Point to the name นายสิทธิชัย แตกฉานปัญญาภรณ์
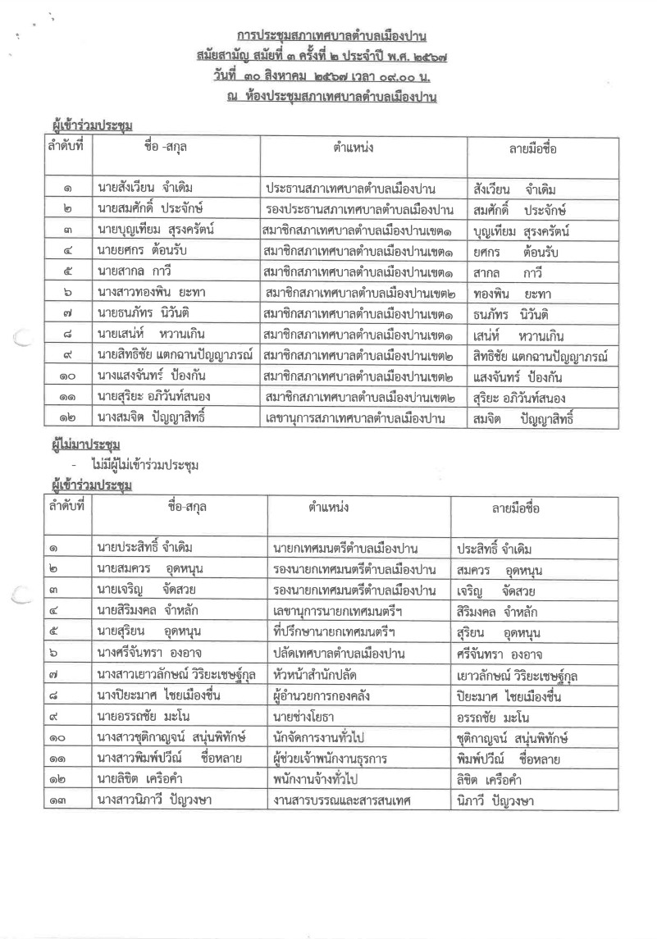click(174, 356)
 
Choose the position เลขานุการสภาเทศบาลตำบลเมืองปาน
click(359, 420)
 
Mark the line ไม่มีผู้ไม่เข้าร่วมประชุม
click(146, 464)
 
